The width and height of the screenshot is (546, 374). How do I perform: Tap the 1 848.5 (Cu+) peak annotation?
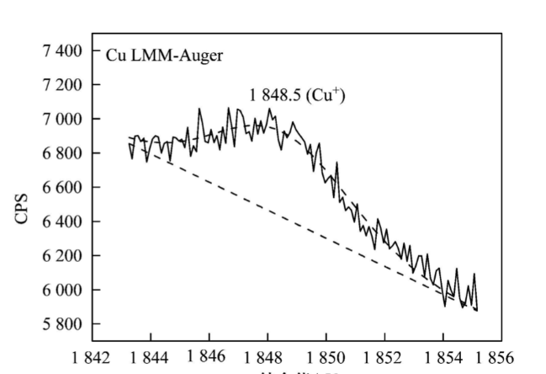pyautogui.click(x=297, y=95)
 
